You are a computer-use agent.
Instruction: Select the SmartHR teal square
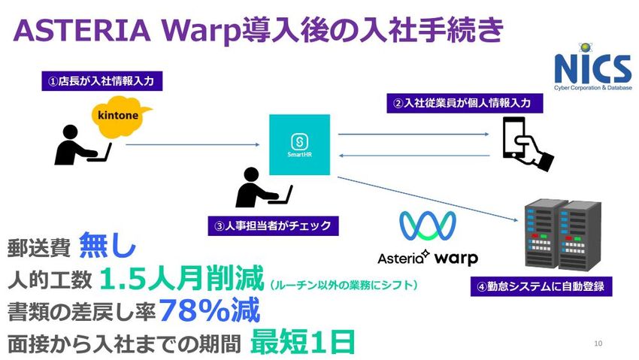tap(299, 145)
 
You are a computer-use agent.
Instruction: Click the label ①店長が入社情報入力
tap(102, 80)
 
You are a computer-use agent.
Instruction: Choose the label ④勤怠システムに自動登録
tap(543, 286)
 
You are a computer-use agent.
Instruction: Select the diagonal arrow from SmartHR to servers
tap(429, 198)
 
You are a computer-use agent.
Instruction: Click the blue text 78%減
tap(210, 310)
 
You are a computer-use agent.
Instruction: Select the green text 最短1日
tap(302, 342)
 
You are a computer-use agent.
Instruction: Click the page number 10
tap(598, 343)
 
